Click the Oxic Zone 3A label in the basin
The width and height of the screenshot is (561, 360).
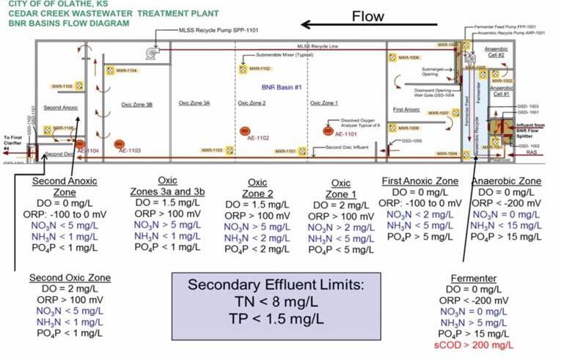coord(194,103)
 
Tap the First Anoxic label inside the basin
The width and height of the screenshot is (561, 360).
coord(406,109)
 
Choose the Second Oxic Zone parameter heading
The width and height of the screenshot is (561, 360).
coord(70,278)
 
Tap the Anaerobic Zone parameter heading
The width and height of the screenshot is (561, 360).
coord(506,180)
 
